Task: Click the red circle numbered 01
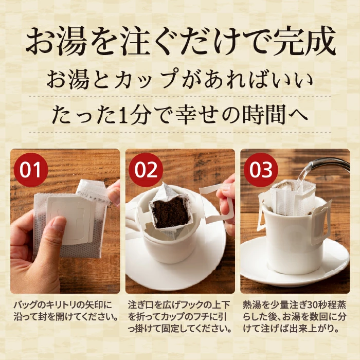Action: point(31,170)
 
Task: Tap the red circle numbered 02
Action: point(146,170)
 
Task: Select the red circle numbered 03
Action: point(261,170)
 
